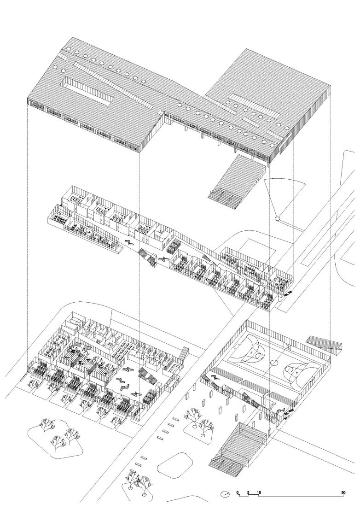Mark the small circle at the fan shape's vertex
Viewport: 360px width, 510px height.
click(x=277, y=219)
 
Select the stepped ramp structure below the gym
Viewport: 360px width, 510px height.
click(x=237, y=448)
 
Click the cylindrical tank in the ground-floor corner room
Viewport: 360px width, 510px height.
click(x=74, y=321)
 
